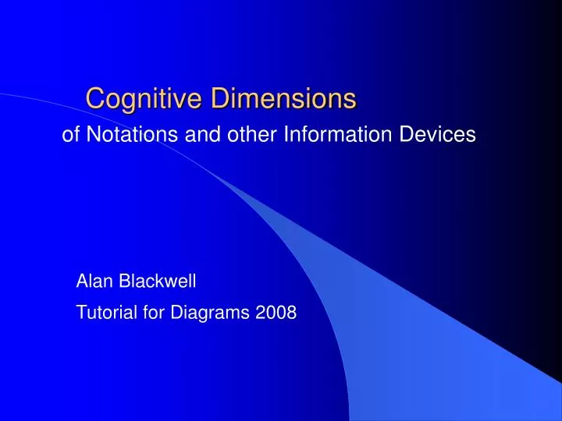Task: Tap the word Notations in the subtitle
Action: pyautogui.click(x=124, y=135)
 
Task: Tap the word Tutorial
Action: pyautogui.click(x=103, y=313)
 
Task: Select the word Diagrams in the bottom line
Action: pyautogui.click(x=203, y=313)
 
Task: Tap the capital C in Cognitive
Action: pyautogui.click(x=94, y=98)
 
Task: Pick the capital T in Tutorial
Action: pyautogui.click(x=81, y=313)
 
